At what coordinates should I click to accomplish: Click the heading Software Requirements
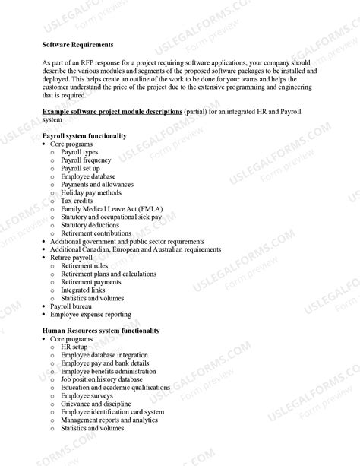tap(77, 45)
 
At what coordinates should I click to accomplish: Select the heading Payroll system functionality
tap(84, 135)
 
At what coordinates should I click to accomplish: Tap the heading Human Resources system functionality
tap(101, 331)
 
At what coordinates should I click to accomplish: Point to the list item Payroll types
tap(79, 152)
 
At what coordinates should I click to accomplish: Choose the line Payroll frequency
tap(86, 160)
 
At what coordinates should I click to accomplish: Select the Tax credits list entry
tap(77, 201)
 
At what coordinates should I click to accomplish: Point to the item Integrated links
tap(84, 290)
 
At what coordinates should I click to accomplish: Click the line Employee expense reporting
tap(90, 314)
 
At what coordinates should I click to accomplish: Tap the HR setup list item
tap(75, 347)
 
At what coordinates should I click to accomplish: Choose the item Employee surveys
tap(87, 395)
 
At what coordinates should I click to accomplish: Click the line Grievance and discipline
tap(96, 404)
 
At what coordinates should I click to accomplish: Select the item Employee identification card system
tap(112, 412)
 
